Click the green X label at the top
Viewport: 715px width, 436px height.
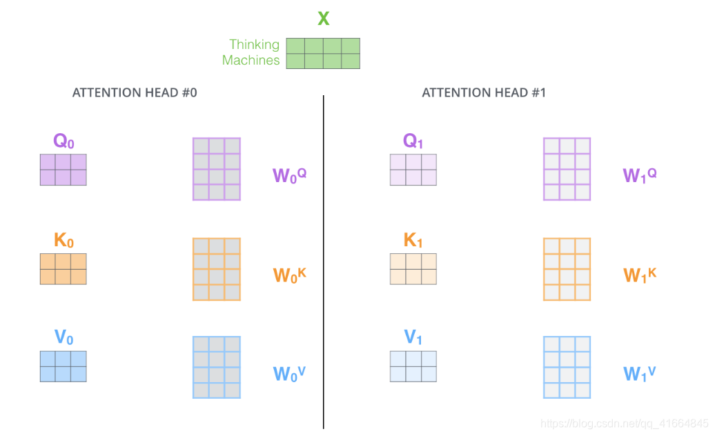pos(323,19)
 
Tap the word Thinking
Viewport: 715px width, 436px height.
pos(254,45)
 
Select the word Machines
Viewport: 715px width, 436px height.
pos(251,61)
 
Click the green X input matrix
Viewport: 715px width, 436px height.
pos(323,53)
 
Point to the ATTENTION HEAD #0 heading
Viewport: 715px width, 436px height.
pos(135,92)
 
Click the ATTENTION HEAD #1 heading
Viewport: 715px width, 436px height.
pos(484,92)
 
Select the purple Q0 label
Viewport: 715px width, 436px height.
pos(63,142)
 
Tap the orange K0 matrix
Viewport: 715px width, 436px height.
pos(63,268)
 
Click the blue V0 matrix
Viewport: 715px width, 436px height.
pos(63,366)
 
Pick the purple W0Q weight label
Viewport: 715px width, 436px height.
pos(289,175)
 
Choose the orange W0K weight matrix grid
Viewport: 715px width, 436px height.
pos(216,269)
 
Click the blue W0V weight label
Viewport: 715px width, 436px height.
pos(289,373)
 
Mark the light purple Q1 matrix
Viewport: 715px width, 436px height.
pos(413,170)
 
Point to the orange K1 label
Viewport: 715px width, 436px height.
pos(413,241)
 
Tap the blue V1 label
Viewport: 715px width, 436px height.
pos(413,338)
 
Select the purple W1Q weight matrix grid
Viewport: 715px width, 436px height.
pos(567,169)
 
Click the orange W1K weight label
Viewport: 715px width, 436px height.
pos(640,275)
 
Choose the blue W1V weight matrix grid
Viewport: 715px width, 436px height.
pos(567,367)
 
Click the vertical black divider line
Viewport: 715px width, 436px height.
pos(323,262)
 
